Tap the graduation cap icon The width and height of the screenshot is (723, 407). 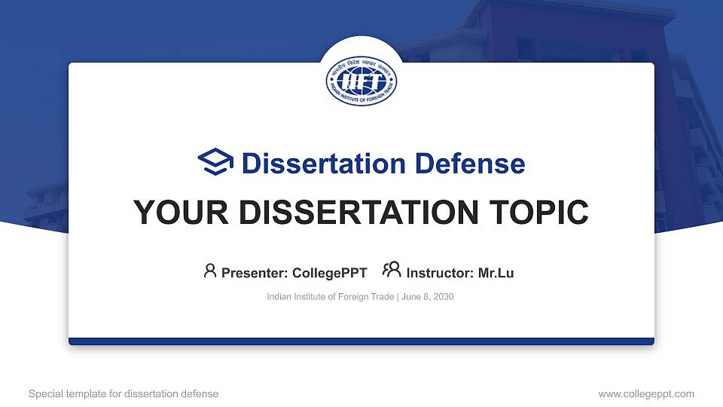tap(215, 163)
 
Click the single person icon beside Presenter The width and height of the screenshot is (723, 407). tap(210, 271)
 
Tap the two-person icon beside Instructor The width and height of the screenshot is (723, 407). tap(391, 270)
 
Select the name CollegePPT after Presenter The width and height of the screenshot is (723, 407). tap(328, 273)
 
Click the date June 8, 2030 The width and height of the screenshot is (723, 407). tap(428, 297)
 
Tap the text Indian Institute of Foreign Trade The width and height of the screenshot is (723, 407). tap(330, 297)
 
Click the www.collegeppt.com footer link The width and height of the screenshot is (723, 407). tap(646, 393)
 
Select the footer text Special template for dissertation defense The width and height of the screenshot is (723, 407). tap(124, 393)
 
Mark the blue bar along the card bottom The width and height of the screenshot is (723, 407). tap(361, 341)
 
